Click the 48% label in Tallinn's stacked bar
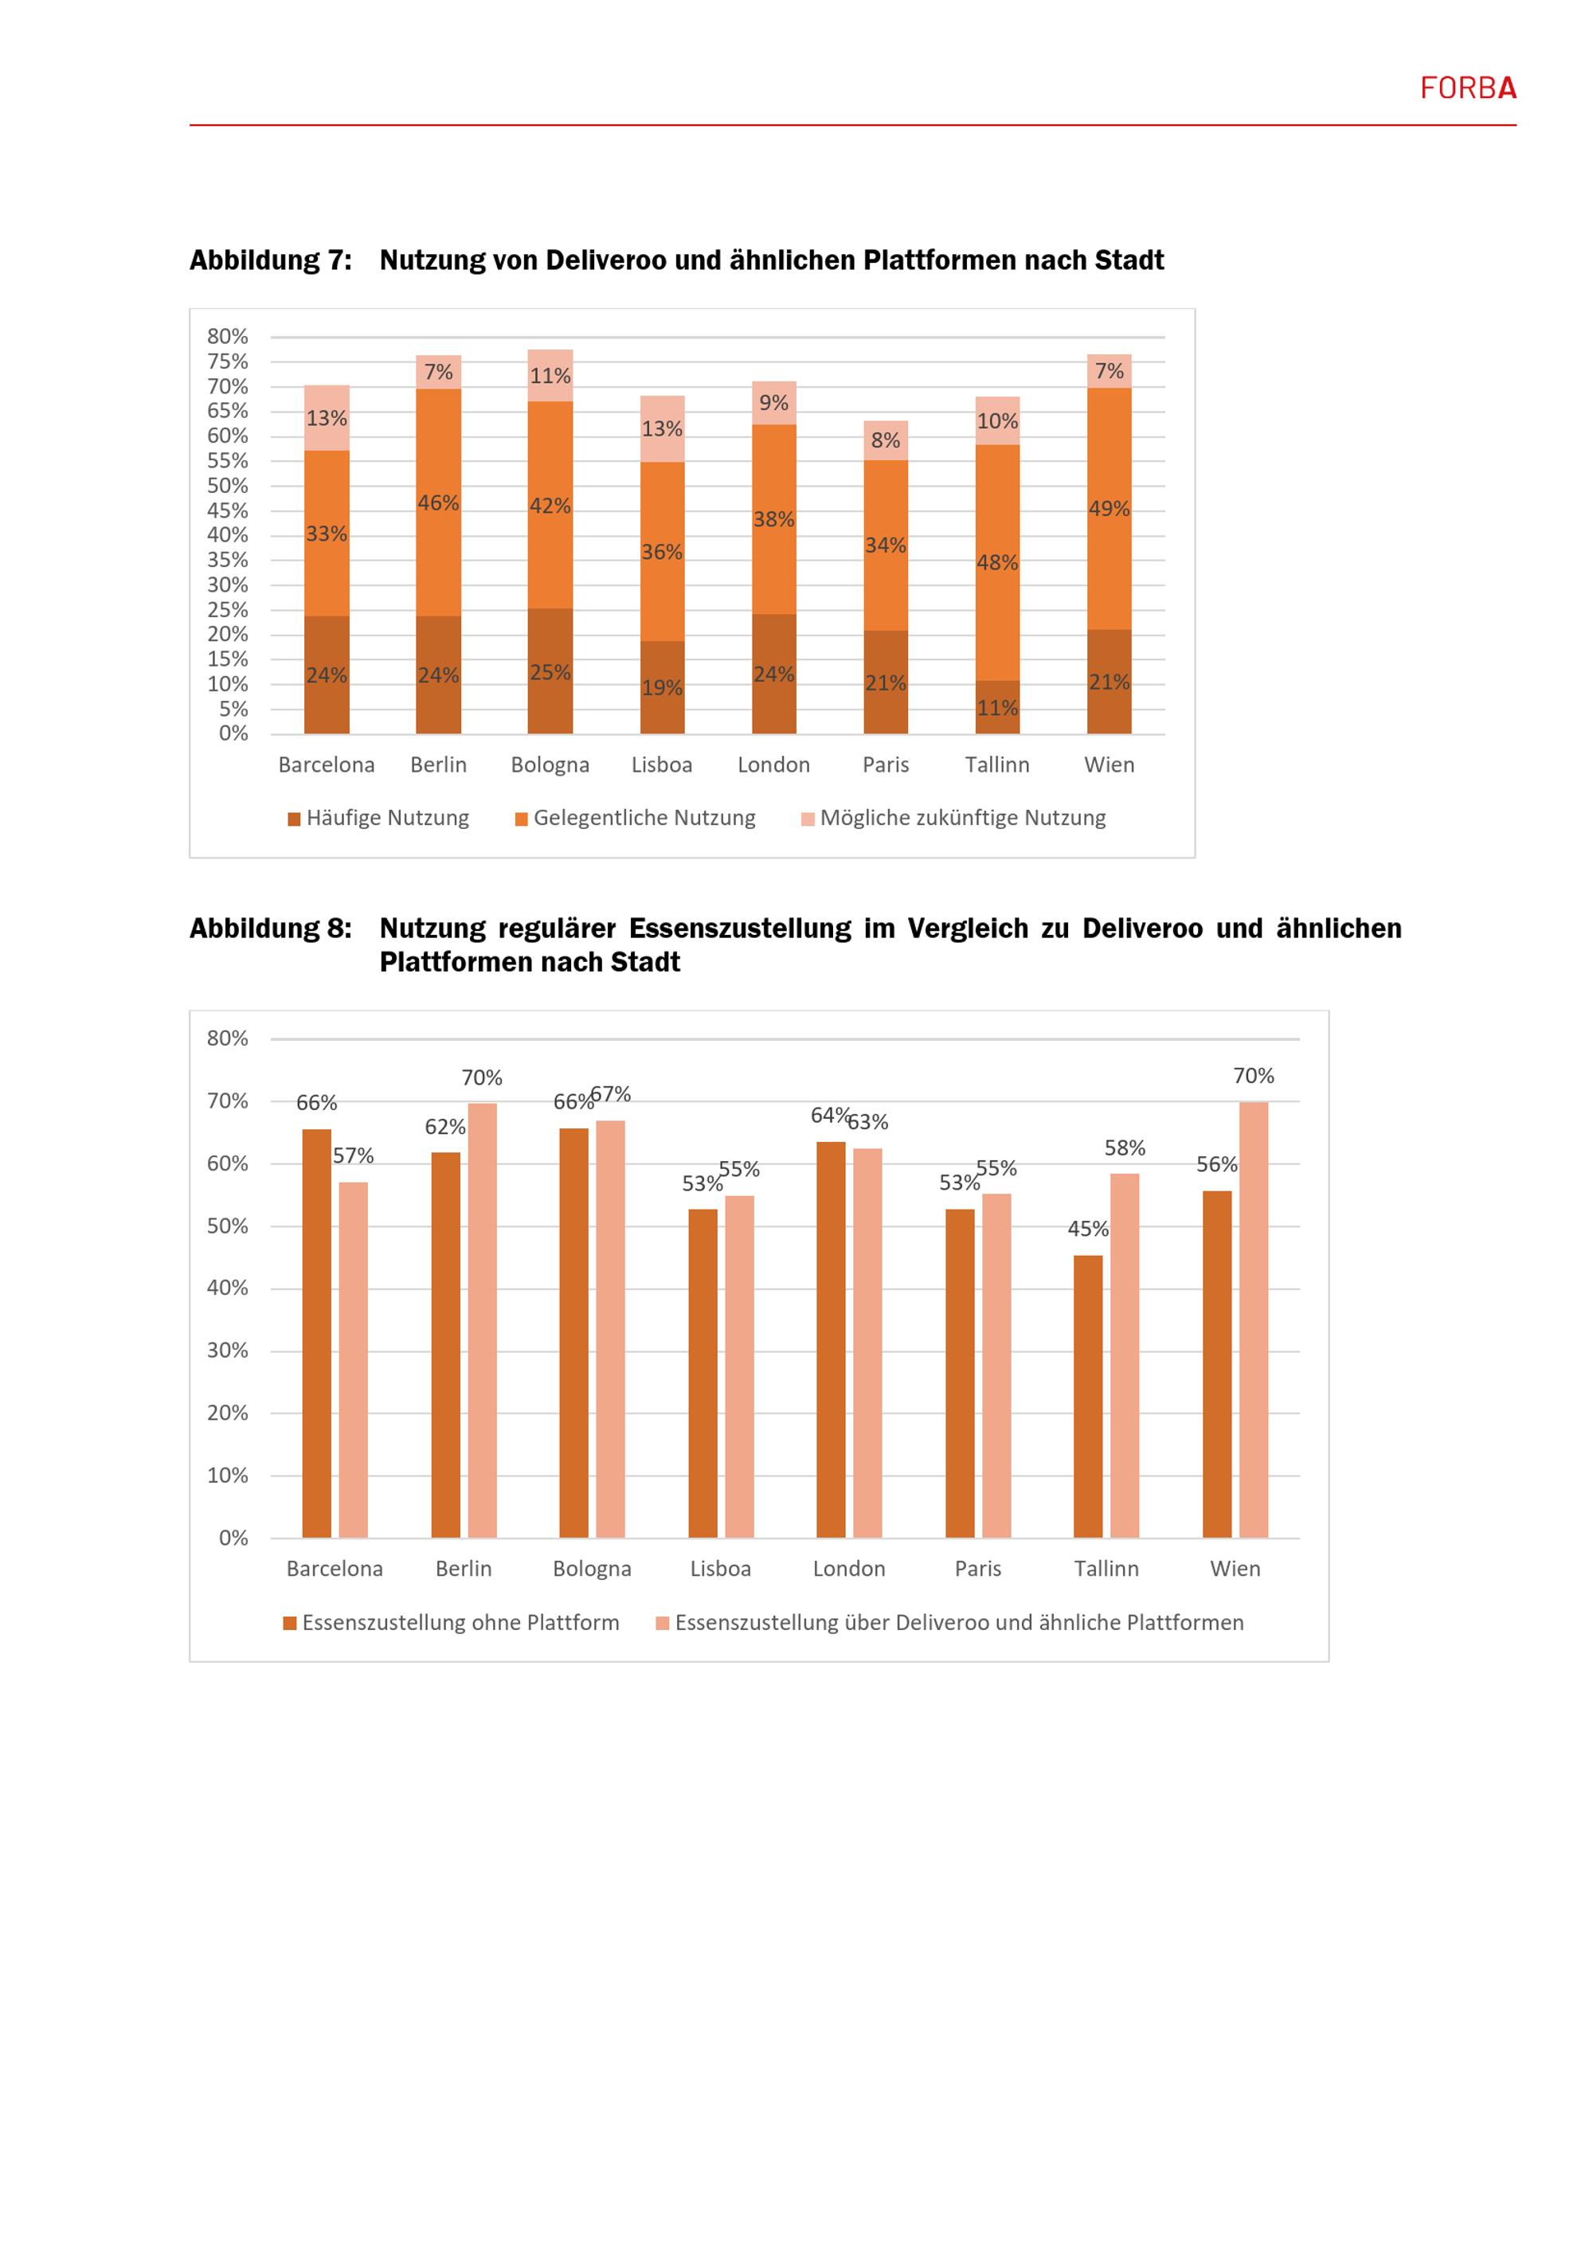click(x=996, y=563)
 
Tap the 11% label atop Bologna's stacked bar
click(x=550, y=377)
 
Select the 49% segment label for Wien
click(x=1109, y=509)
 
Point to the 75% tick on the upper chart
click(x=228, y=362)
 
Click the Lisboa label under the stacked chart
click(x=661, y=765)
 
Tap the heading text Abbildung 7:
click(x=270, y=261)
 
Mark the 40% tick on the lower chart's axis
click(x=228, y=1288)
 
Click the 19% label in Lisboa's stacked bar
click(x=661, y=689)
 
